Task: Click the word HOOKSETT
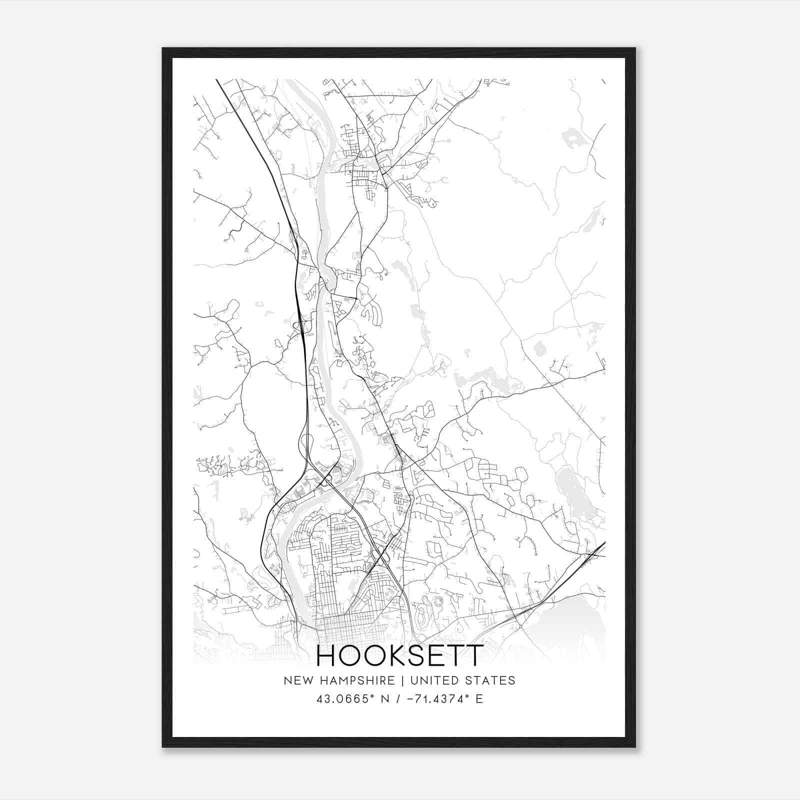(x=400, y=656)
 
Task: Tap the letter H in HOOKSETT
(x=326, y=656)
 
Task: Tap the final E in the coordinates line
(x=479, y=699)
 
